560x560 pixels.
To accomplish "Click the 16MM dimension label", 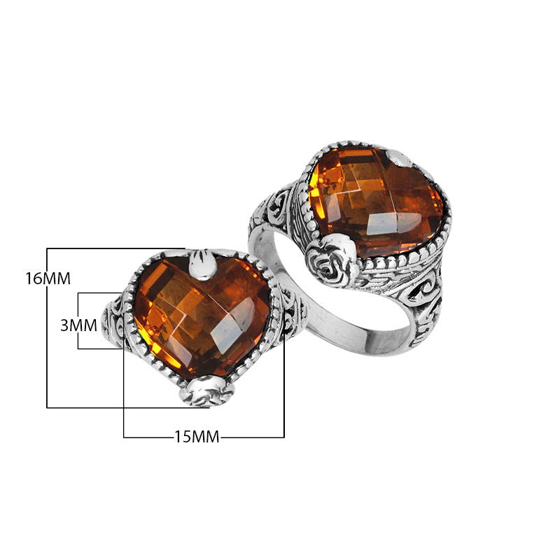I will pyautogui.click(x=48, y=279).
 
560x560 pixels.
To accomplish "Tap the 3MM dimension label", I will pyautogui.click(x=78, y=325).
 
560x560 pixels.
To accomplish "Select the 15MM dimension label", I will pyautogui.click(x=197, y=437).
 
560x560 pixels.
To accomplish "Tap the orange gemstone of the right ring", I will pyautogui.click(x=374, y=199).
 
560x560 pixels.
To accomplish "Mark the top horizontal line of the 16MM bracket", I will pyautogui.click(x=112, y=248).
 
